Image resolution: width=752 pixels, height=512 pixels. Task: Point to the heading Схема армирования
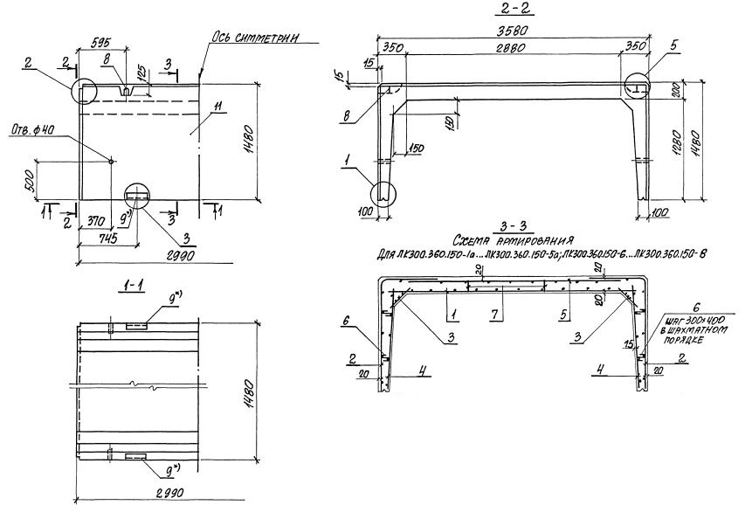coord(513,239)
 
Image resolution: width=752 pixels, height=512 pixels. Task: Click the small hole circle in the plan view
coord(111,159)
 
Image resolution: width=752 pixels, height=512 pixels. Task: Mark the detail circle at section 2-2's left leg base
coord(384,197)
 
